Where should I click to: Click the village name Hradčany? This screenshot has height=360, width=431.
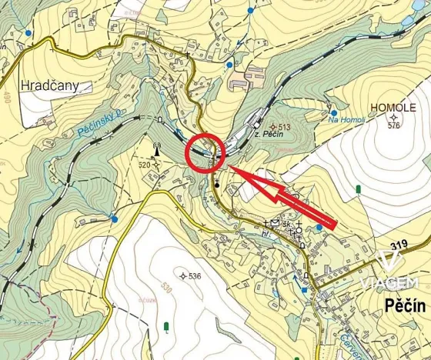coord(49,85)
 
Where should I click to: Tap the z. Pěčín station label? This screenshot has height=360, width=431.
coord(269,135)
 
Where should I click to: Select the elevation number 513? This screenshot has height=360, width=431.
coord(284,127)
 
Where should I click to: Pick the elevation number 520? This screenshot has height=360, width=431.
coord(144,165)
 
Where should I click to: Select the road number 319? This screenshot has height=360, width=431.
coord(398,245)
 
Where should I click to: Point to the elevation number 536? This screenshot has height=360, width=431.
coord(193,276)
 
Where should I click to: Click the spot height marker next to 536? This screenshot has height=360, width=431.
coord(182,276)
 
